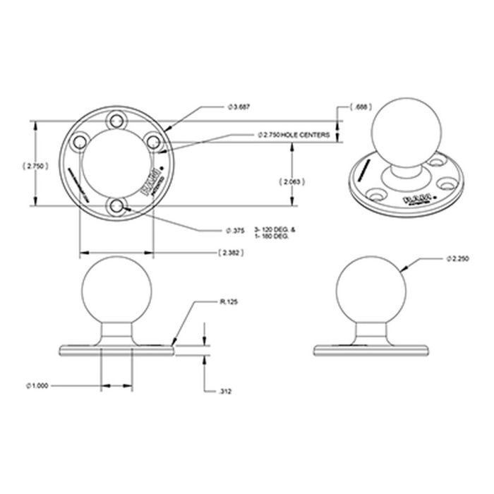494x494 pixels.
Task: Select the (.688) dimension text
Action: (x=361, y=107)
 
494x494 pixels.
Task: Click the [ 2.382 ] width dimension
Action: (x=231, y=252)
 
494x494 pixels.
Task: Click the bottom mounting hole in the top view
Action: (x=116, y=205)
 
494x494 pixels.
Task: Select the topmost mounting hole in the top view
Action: (x=116, y=121)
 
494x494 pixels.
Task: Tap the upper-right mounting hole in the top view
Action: (x=153, y=142)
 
